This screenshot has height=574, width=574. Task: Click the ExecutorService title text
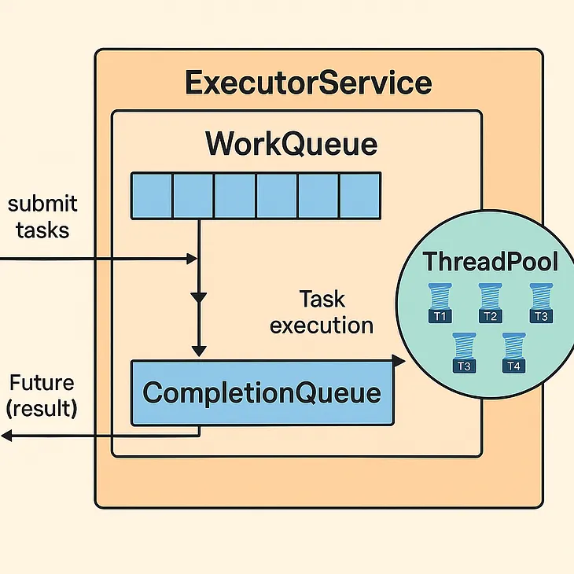point(307,83)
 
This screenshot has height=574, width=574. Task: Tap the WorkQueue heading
point(291,145)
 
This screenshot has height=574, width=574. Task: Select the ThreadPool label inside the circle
point(490,261)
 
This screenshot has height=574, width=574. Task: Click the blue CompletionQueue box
point(261,392)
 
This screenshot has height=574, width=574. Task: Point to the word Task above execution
point(322,299)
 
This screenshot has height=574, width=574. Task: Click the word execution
point(322,325)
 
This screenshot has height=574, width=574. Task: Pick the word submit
point(42,204)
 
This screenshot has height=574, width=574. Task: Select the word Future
point(42,384)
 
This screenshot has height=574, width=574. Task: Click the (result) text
point(42,410)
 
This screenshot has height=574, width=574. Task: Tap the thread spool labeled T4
point(513,353)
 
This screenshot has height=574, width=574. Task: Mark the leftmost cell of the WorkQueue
point(151,195)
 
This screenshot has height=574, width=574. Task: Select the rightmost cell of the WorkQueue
point(360,195)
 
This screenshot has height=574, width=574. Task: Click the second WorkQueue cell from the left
point(193,195)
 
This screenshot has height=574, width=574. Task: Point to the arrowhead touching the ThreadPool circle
point(399,360)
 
